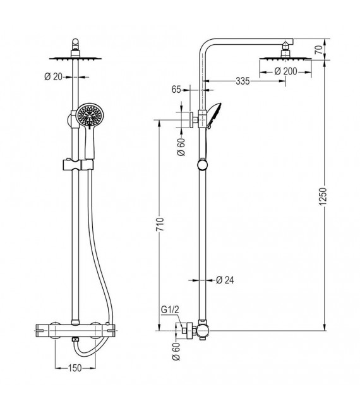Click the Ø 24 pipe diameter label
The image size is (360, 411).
pos(225,280)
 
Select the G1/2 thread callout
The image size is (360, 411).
pos(171,310)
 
